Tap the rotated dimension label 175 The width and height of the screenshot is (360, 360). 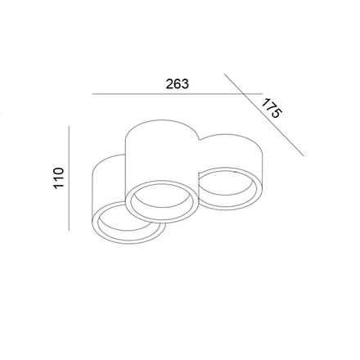tap(272, 109)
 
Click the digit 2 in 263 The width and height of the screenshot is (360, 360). tap(169, 84)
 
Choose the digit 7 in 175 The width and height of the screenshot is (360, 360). tap(272, 109)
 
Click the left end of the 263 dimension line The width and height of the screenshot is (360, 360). tap(92, 95)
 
